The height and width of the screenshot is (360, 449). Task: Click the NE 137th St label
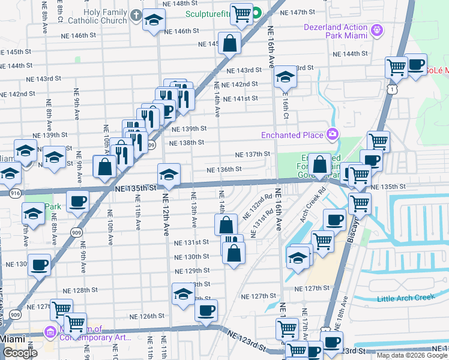pyautogui.click(x=252, y=154)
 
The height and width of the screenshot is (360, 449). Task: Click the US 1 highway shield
pyautogui.click(x=391, y=89)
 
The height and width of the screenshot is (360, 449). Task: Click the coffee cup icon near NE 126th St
pyautogui.click(x=206, y=310)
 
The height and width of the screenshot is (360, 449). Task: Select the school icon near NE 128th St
pyautogui.click(x=183, y=294)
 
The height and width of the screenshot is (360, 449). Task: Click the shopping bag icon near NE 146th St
pyautogui.click(x=229, y=43)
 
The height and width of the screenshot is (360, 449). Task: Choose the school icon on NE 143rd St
pyautogui.click(x=285, y=76)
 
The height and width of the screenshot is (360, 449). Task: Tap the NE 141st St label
pyautogui.click(x=240, y=99)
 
